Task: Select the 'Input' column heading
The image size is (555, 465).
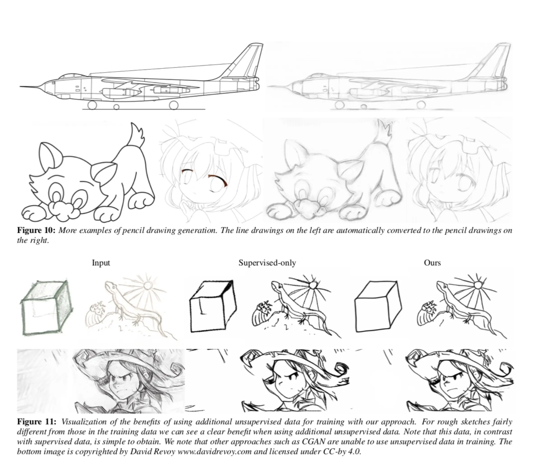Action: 101,263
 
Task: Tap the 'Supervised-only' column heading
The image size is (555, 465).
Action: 267,263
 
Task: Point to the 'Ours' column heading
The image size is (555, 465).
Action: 432,263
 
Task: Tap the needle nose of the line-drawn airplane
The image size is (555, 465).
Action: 20,86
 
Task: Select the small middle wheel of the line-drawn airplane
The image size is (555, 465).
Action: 116,107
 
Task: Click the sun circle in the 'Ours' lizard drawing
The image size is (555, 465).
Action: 478,285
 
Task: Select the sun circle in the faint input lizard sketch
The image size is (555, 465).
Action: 147,286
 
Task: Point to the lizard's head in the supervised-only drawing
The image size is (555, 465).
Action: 276,285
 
